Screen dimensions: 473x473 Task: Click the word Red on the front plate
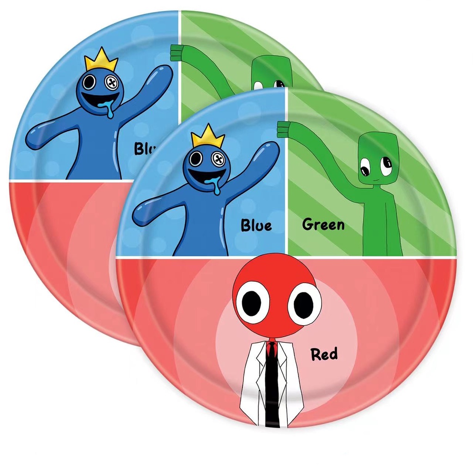click(324, 355)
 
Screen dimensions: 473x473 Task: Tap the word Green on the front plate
click(323, 225)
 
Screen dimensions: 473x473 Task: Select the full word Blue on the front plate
click(256, 225)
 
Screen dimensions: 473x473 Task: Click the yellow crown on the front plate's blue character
click(207, 136)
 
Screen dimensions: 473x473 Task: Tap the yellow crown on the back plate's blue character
click(101, 61)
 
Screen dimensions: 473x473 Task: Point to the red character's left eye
click(252, 302)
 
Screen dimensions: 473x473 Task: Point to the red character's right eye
click(304, 304)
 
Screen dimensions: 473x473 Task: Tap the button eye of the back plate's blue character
click(112, 83)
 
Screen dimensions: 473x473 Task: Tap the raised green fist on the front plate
click(282, 129)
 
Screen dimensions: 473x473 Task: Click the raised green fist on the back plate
click(175, 53)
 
